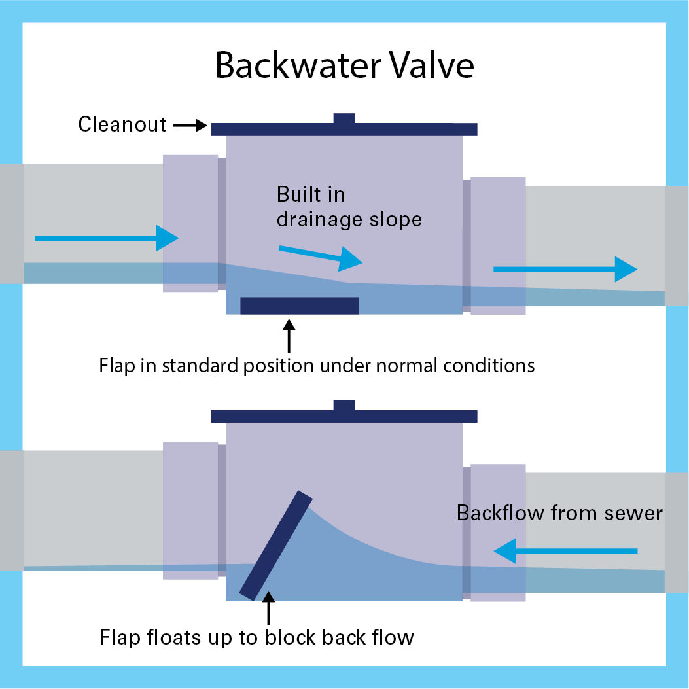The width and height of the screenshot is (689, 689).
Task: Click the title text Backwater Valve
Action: click(344, 67)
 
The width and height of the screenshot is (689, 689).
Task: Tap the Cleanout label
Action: click(122, 124)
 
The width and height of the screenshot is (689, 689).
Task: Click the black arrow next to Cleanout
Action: click(190, 125)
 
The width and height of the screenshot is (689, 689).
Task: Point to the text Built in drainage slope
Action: click(349, 207)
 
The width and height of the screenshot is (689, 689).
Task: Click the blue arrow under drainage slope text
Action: click(320, 256)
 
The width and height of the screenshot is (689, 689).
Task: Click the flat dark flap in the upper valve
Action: click(300, 306)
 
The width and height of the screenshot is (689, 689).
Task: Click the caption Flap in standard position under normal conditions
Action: click(317, 364)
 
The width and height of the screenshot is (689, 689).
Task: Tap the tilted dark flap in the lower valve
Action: click(276, 544)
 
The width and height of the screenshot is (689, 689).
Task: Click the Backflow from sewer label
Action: click(559, 512)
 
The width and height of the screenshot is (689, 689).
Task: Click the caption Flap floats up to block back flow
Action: click(256, 637)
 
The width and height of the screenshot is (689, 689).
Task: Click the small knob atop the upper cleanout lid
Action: click(344, 118)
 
